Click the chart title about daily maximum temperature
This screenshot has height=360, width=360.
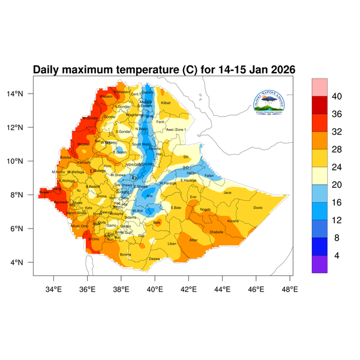(x=164, y=70)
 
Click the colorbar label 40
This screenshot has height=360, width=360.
(x=337, y=97)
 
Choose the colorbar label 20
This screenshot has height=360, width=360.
(x=337, y=176)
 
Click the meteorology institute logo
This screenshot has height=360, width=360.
(x=269, y=101)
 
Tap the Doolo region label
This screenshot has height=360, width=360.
(x=259, y=208)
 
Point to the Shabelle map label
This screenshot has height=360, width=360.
(x=216, y=232)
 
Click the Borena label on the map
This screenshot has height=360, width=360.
(x=125, y=254)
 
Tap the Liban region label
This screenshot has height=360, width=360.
(x=172, y=244)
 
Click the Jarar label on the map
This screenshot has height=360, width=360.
(x=227, y=193)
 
